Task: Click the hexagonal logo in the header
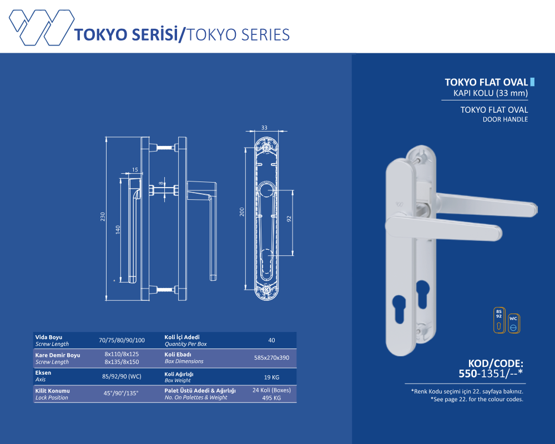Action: (x=42, y=27)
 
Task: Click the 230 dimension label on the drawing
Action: (x=103, y=216)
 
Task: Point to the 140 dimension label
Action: (x=118, y=230)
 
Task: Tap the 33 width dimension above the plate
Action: (x=264, y=128)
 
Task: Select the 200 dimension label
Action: (x=242, y=211)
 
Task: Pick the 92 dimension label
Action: (x=289, y=219)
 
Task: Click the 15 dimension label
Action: (x=135, y=170)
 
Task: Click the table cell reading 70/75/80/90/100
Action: (x=122, y=340)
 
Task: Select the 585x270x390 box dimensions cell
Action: (x=271, y=357)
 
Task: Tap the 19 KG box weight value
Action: (x=271, y=377)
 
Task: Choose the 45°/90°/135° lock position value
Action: (x=121, y=393)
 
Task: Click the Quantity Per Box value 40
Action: (x=271, y=340)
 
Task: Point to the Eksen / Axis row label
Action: (x=43, y=376)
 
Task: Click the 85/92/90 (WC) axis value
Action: (x=122, y=376)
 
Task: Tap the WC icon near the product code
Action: (x=513, y=324)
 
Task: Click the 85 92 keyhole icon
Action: (x=499, y=320)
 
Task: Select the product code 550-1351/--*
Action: (x=491, y=374)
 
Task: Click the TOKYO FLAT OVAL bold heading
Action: (x=486, y=82)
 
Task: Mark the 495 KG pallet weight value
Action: (x=271, y=398)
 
